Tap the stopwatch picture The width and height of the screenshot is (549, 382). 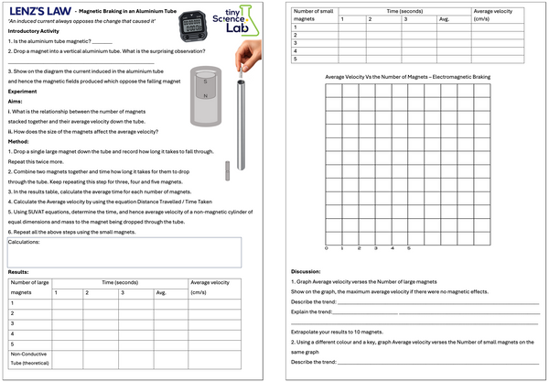pos(192,24)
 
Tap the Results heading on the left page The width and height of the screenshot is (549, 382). pos(18,271)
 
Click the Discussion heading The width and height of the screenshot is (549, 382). pos(306,271)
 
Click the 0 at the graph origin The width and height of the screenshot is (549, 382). pos(327,248)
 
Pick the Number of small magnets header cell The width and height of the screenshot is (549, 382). pos(312,14)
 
